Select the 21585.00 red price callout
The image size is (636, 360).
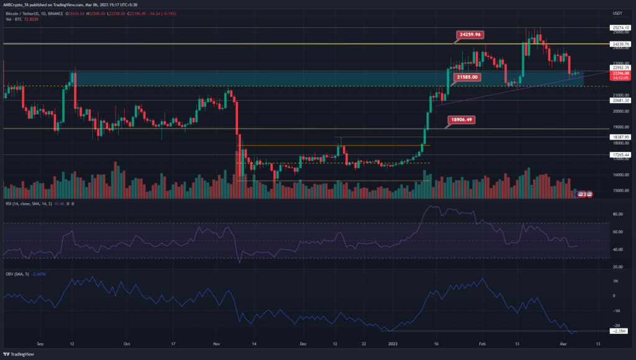pos(464,77)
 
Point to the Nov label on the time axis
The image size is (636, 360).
pos(217,342)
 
